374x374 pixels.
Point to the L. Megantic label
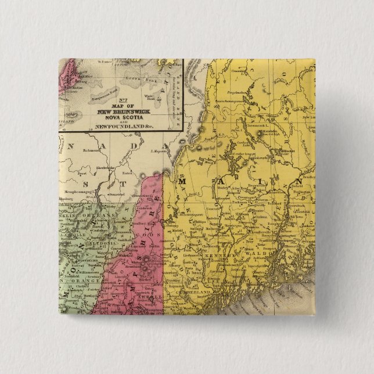click(x=159, y=151)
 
